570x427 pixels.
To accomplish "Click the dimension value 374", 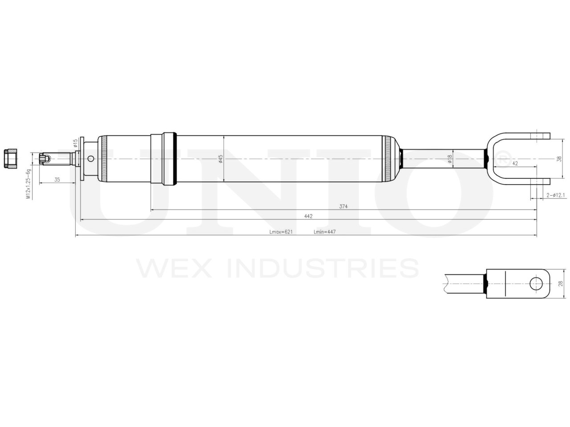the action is click(343, 206).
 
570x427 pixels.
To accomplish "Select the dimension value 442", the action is click(309, 216).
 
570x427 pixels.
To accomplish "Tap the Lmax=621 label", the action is click(281, 232).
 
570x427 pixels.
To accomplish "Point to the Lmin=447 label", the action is click(324, 232).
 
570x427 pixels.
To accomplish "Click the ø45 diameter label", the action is click(220, 159).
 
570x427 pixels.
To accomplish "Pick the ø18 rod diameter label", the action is click(450, 159).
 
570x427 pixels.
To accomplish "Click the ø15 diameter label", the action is click(75, 143).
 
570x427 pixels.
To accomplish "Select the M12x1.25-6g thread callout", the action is click(28, 184).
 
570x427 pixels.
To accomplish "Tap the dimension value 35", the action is click(57, 180).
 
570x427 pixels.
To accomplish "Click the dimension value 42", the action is click(515, 164).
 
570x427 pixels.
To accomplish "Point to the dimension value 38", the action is click(560, 158).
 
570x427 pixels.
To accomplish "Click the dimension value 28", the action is click(560, 283).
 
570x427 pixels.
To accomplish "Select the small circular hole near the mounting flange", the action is click(91, 159).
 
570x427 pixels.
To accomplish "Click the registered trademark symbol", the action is click(502, 158).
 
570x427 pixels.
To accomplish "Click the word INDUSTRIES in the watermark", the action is click(322, 268).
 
